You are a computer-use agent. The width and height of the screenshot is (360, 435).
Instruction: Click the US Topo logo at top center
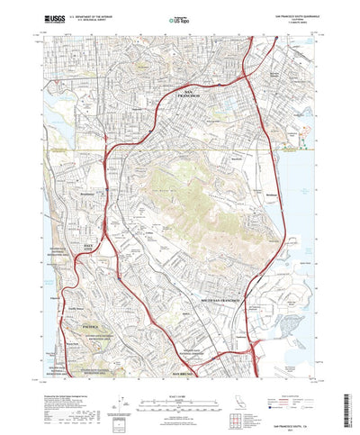178,17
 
